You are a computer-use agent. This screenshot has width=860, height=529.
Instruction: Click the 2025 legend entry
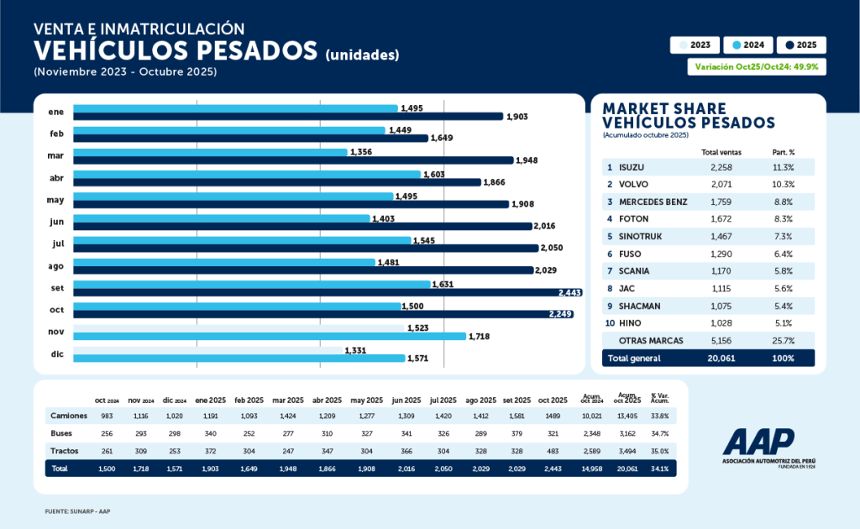(x=801, y=45)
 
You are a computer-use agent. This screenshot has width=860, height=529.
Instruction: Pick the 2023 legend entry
(x=694, y=45)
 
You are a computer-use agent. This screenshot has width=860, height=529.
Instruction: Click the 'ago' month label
(x=57, y=265)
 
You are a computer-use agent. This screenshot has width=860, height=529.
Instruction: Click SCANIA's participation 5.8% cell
(x=783, y=270)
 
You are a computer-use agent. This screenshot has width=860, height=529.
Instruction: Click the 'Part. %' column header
(x=783, y=152)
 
